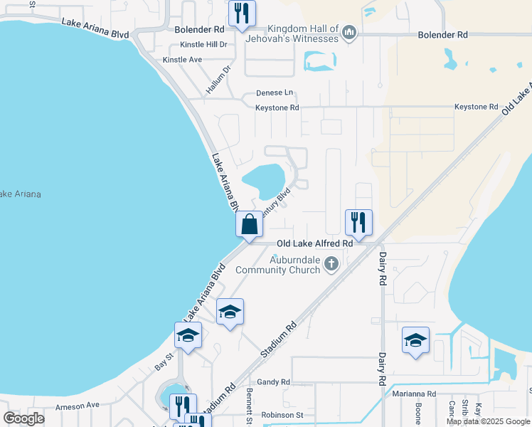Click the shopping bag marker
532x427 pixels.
click(x=250, y=224)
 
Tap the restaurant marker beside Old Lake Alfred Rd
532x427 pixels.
click(x=358, y=222)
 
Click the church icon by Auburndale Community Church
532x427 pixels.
click(x=330, y=265)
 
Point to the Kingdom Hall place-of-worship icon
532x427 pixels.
click(x=349, y=33)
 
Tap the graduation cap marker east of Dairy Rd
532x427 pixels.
click(x=415, y=339)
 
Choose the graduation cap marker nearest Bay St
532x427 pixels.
click(x=188, y=335)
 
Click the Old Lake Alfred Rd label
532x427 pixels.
click(x=315, y=243)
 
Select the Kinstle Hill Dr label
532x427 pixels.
click(x=203, y=44)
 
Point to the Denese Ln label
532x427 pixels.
click(x=275, y=93)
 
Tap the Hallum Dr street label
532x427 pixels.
click(x=219, y=80)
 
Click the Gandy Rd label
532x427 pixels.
click(x=274, y=382)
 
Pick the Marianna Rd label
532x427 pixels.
click(x=413, y=394)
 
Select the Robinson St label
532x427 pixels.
click(x=282, y=415)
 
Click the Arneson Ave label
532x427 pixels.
click(x=78, y=405)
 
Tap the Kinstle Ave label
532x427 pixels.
click(x=182, y=60)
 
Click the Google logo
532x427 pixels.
click(x=23, y=418)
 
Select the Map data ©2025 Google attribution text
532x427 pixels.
click(x=489, y=421)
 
